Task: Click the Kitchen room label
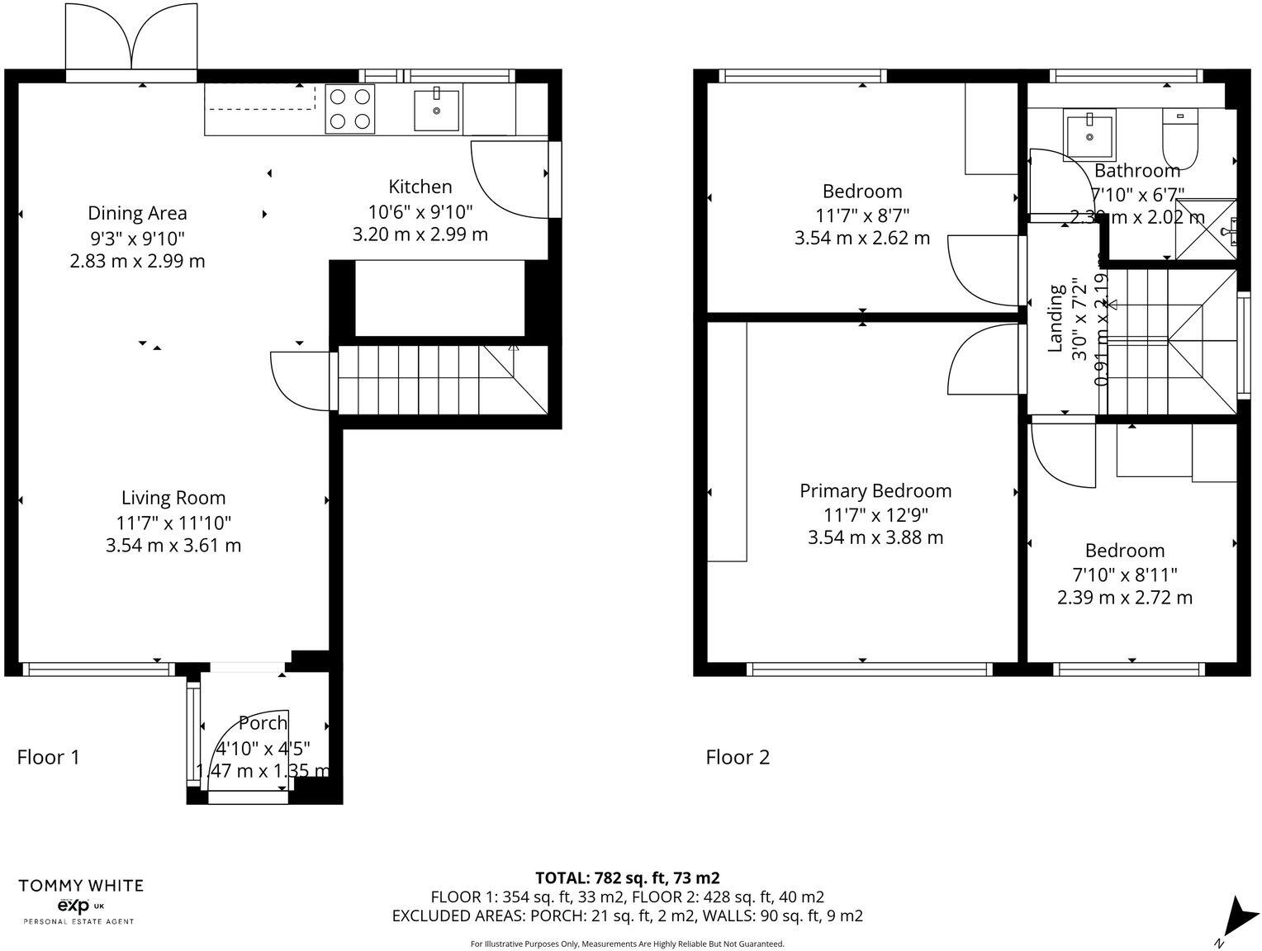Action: point(420,187)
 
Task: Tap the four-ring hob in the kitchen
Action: point(349,109)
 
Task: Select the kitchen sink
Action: point(436,110)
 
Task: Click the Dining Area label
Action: point(137,213)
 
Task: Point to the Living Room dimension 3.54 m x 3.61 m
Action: point(173,545)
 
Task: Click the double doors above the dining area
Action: point(132,39)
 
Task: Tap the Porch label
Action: point(263,723)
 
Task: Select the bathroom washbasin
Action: point(1090,134)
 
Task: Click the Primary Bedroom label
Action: point(875,491)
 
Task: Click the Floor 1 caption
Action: point(48,757)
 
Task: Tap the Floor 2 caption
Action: point(738,757)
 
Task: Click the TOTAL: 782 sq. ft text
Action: point(627,878)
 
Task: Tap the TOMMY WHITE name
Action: point(81,886)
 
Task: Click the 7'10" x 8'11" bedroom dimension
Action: point(1124,574)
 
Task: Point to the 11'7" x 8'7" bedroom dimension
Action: point(862,215)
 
